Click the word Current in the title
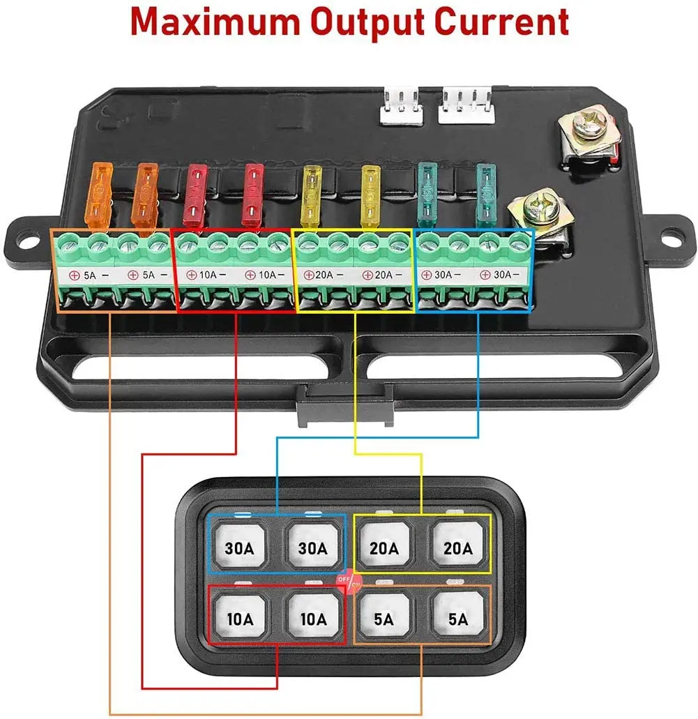[503, 23]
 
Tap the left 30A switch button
[239, 548]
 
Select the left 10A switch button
[239, 619]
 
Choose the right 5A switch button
[457, 619]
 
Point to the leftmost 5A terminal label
[84, 275]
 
